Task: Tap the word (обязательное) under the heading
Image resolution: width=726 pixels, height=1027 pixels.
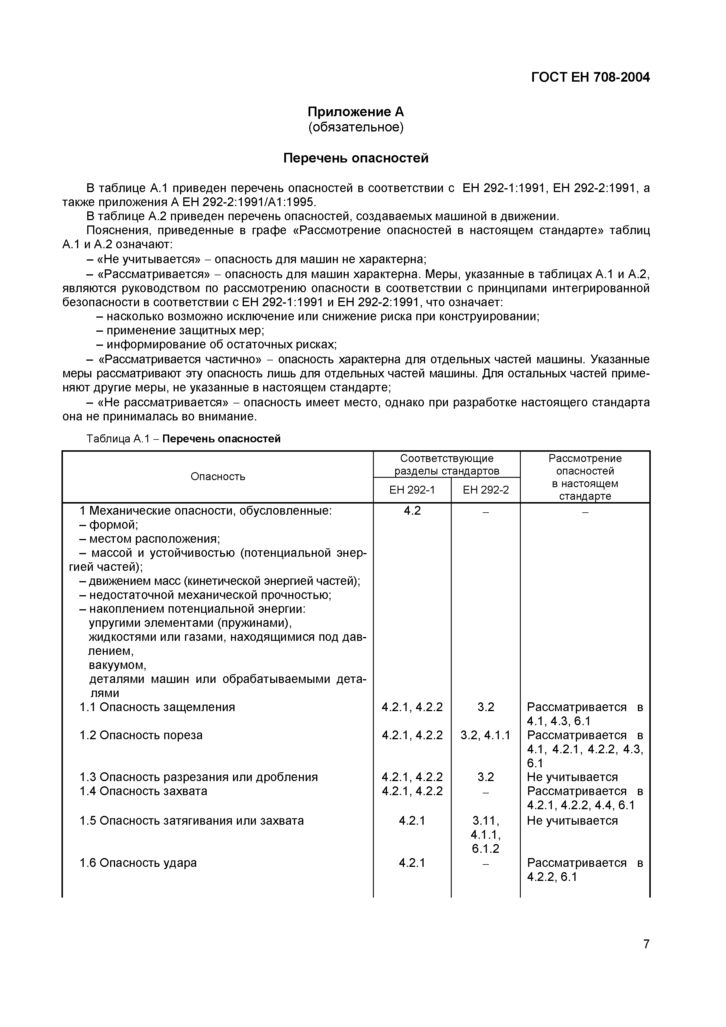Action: [x=356, y=127]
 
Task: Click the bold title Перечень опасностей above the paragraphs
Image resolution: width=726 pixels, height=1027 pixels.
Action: [x=356, y=158]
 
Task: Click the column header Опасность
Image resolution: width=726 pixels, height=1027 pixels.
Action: [x=218, y=476]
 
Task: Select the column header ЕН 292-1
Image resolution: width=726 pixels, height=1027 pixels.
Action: [x=412, y=490]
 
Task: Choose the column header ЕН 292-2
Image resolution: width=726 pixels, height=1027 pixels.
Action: [x=485, y=490]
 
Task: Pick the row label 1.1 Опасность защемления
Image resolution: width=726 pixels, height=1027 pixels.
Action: [x=157, y=707]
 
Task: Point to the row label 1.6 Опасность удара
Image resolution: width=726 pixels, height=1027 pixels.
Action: [x=138, y=863]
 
